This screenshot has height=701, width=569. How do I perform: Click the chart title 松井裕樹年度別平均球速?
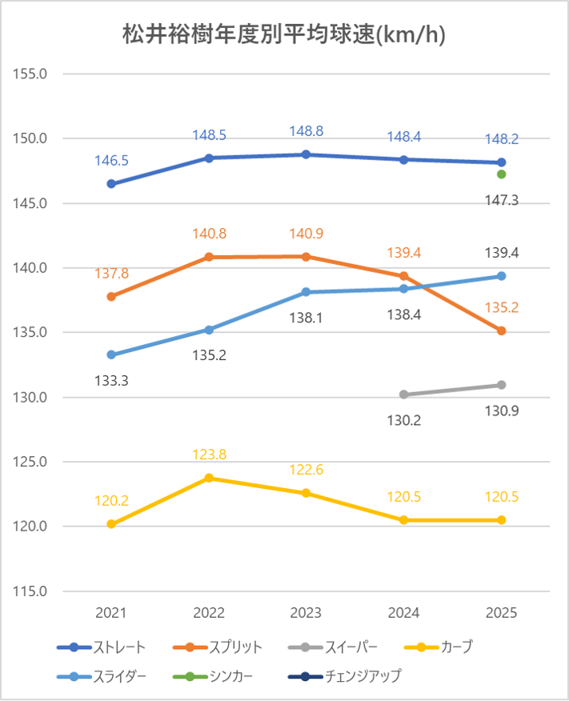[x=284, y=35]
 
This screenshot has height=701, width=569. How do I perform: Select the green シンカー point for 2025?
[x=502, y=174]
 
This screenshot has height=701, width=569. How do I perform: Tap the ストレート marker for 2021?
[x=111, y=184]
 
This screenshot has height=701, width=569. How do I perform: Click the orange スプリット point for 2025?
[x=502, y=330]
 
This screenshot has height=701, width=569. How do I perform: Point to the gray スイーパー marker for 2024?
[x=404, y=395]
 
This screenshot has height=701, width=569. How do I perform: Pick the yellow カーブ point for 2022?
[x=209, y=478]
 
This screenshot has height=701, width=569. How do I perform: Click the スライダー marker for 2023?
[x=307, y=292]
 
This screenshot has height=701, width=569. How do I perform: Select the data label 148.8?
[x=307, y=131]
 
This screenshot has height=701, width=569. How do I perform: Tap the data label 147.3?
[x=502, y=200]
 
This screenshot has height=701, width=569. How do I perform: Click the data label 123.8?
[x=209, y=455]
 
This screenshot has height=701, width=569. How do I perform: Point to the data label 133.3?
[x=111, y=380]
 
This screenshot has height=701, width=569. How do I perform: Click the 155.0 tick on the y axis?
[x=31, y=74]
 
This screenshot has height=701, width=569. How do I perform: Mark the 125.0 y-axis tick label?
[x=31, y=463]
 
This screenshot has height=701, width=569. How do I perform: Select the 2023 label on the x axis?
[x=307, y=614]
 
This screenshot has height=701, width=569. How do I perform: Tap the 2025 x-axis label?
[x=502, y=614]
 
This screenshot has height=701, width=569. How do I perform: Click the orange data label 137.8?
[x=111, y=274]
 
